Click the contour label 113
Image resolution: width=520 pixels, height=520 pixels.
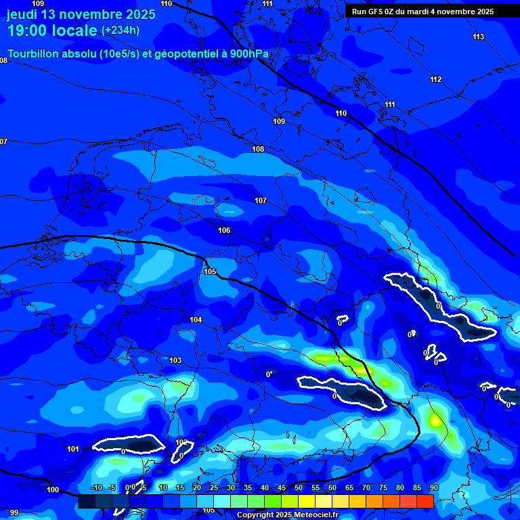coord(479,37)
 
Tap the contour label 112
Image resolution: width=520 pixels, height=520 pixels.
coord(435,80)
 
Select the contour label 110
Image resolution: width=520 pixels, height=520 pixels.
coord(341,113)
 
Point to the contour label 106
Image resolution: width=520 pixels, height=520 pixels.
coord(224,230)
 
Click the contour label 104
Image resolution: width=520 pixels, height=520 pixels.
coord(196,320)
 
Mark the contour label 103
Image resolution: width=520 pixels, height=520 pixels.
coord(175,360)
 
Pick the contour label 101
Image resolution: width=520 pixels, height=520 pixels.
coord(73,449)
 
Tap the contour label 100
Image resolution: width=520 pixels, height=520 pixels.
coord(53,490)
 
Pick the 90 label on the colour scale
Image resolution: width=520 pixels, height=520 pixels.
coord(433,487)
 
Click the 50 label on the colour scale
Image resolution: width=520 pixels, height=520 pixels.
coord(298,487)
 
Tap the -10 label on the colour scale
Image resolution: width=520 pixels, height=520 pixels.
coord(96,487)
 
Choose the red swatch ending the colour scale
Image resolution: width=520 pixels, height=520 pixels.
coord(425,501)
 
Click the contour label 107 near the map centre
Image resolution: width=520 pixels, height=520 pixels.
coord(261,200)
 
